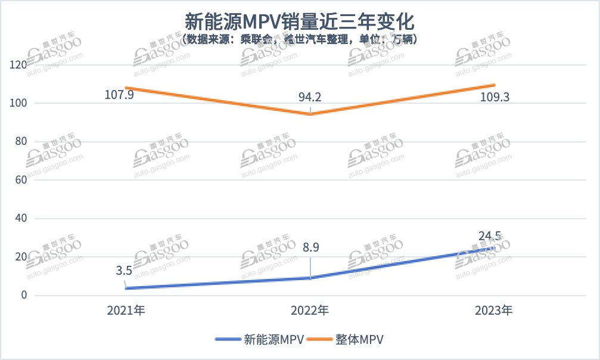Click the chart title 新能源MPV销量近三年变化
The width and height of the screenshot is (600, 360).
coord(300,21)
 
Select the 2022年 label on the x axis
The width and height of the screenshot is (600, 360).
coord(310,311)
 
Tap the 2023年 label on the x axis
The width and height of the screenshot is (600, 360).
coord(494,311)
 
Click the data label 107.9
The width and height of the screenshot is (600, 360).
coord(119,95)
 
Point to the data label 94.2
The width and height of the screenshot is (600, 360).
coord(310,96)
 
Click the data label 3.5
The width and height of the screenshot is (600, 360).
coord(124,271)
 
